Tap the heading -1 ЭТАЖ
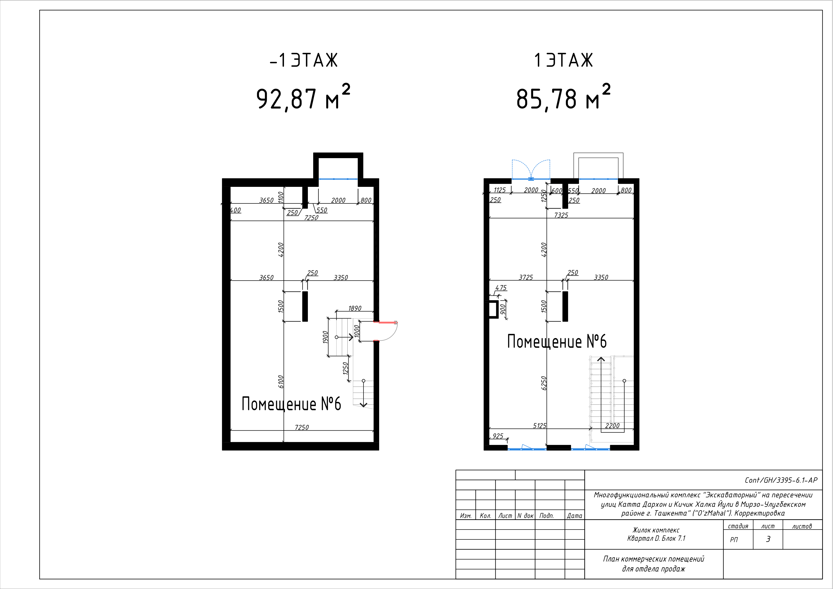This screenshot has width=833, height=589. (x=304, y=60)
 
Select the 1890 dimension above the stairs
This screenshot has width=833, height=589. (x=355, y=308)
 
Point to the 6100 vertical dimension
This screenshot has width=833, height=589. (x=280, y=382)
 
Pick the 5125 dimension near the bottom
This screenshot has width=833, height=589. (x=539, y=425)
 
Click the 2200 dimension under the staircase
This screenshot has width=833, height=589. (x=612, y=425)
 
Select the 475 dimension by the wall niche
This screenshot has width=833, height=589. (x=501, y=287)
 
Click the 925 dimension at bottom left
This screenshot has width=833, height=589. (x=498, y=436)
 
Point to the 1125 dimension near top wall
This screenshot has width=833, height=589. (x=500, y=190)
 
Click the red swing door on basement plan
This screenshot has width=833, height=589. (x=387, y=331)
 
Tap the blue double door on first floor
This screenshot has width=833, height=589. (x=531, y=170)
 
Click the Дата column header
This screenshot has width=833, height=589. (x=574, y=515)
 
